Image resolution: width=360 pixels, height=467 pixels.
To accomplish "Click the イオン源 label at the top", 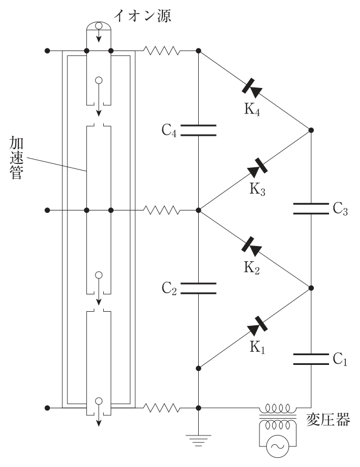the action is point(142,16).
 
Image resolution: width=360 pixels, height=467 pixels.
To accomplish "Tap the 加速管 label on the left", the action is point(16,157).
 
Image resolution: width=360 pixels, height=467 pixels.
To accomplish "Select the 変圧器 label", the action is point(328,420).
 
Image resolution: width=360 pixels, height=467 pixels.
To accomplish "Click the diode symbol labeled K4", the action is point(252,88).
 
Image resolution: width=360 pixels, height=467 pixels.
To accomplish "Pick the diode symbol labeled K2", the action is point(251,247).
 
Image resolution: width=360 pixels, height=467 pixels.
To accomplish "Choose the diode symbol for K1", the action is point(257,326).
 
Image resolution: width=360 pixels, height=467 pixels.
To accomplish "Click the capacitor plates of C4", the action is point(198,130).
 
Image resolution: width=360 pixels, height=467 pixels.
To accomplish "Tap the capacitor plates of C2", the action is point(198,288).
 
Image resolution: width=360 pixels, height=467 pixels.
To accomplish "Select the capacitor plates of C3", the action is point(311,209).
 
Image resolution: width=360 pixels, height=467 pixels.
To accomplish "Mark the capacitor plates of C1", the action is point(311,359).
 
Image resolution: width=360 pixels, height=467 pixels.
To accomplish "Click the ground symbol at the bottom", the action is point(198,440).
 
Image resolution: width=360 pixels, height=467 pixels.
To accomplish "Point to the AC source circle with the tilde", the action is point(277,446).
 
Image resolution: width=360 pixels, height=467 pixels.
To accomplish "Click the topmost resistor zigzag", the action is point(161,51).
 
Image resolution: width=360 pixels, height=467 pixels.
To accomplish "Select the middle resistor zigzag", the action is point(161,210).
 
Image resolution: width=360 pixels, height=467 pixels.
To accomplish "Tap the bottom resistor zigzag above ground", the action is point(161,408).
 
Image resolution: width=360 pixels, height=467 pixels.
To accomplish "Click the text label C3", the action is point(340,209).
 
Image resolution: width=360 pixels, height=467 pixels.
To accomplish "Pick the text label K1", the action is point(257,348).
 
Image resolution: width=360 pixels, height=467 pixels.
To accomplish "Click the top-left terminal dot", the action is point(47,51).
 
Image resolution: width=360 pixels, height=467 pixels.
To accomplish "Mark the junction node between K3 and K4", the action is point(311,130).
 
